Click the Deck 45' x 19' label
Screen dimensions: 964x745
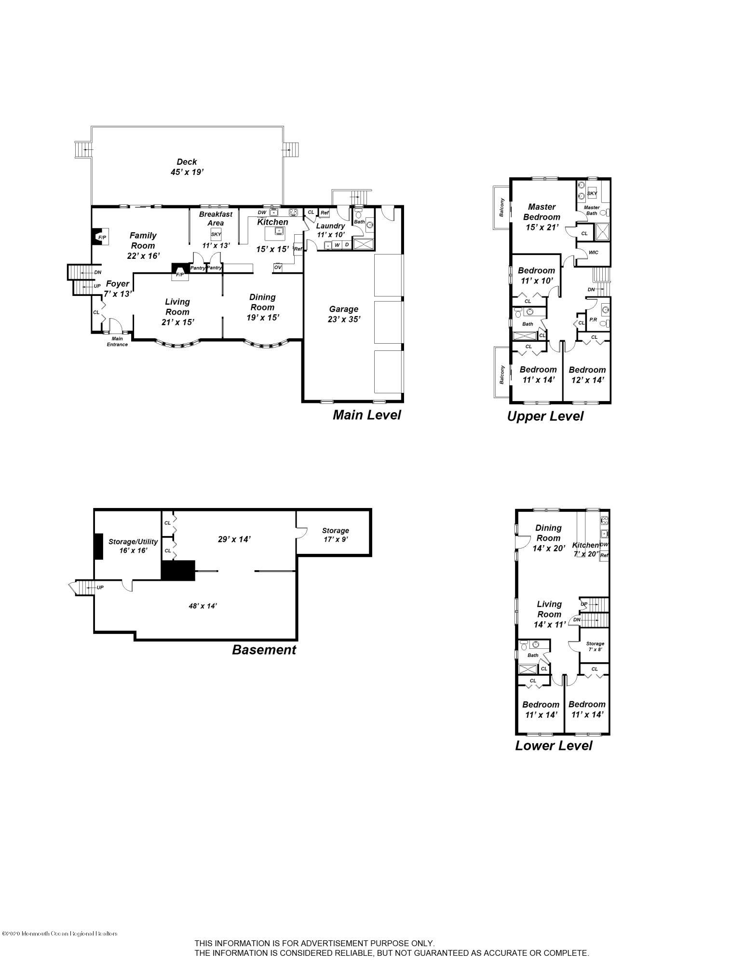[187, 167]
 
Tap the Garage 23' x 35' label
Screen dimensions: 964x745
[343, 314]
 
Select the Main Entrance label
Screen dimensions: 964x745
[117, 341]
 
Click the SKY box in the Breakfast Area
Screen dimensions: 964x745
[216, 234]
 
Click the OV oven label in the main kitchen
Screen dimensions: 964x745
[278, 267]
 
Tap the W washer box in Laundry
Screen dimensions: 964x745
[337, 245]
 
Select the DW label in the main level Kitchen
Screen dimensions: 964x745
[262, 213]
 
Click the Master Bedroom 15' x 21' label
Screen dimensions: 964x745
[542, 217]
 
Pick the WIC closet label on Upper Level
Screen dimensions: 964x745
[594, 253]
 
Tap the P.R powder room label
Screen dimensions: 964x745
[593, 320]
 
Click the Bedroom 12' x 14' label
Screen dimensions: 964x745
[587, 375]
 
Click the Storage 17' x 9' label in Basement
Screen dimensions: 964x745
[335, 535]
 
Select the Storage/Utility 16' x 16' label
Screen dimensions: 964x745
[133, 546]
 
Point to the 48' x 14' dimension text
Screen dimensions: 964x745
[203, 606]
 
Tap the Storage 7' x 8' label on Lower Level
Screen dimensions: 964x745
[595, 646]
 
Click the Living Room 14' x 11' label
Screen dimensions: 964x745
[549, 614]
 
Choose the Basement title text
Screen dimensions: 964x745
[264, 649]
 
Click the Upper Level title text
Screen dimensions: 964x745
[545, 416]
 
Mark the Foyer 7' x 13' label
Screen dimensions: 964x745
[117, 288]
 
